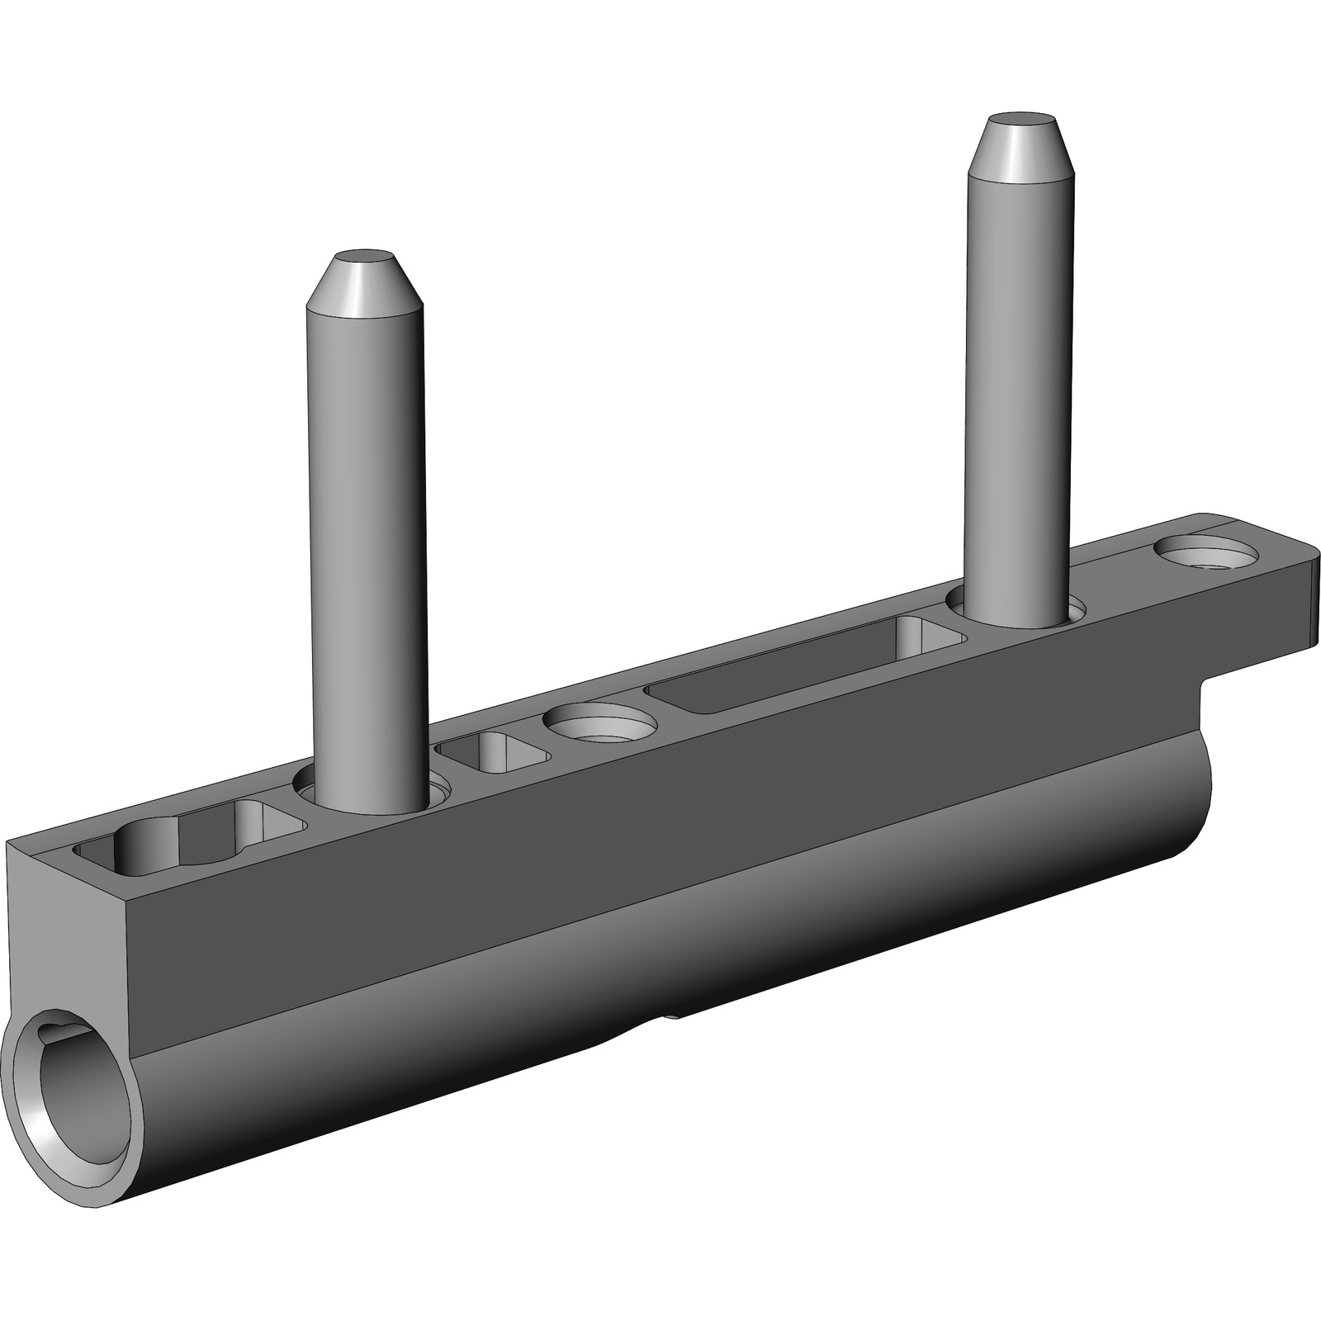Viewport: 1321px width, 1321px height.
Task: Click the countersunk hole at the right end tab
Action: pos(1206,554)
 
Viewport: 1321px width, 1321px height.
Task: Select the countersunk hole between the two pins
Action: pos(599,722)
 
